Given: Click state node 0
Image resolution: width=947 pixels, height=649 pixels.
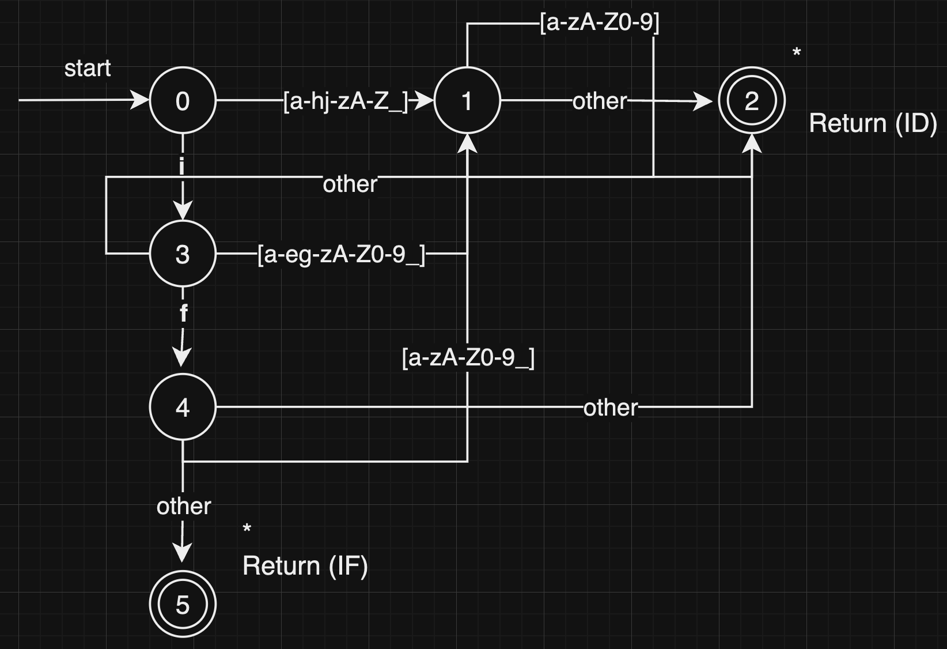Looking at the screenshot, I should point(183,101).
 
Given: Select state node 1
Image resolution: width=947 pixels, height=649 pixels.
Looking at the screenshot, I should point(467,101).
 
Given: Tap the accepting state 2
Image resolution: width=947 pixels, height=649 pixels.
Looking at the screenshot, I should point(751,101).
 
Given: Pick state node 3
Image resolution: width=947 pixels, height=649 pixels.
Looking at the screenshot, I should point(183,254).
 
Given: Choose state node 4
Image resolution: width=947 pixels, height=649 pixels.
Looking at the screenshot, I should point(183,407).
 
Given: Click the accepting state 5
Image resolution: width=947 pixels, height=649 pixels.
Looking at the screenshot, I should point(183,604).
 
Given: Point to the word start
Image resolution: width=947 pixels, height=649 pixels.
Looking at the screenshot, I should point(88,69).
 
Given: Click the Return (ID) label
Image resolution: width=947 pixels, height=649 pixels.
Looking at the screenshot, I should point(873,123).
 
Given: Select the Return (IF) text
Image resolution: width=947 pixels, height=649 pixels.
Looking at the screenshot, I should point(305,566).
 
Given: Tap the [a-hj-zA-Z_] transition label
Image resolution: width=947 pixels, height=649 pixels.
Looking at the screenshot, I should point(346,101).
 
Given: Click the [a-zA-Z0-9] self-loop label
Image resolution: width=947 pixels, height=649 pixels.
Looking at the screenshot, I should point(600,23).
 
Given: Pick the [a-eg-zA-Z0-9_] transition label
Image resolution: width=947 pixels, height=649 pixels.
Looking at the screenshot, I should point(341,254).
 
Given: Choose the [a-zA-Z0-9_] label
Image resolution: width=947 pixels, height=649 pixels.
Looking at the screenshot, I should point(468,358).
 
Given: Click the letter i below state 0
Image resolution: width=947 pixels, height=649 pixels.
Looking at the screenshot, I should point(182,167).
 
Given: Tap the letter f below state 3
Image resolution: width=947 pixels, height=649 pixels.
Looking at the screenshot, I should point(183,313).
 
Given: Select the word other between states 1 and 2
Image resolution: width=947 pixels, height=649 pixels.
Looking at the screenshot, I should point(600,101).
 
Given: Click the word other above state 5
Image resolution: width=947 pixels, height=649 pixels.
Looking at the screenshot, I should point(184,506).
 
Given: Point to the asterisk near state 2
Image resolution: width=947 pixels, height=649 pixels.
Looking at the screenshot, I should point(797,53).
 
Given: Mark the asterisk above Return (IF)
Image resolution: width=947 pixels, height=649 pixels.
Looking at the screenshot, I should point(247,529).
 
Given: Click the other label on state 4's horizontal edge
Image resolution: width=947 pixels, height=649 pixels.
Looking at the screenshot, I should point(611,408).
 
